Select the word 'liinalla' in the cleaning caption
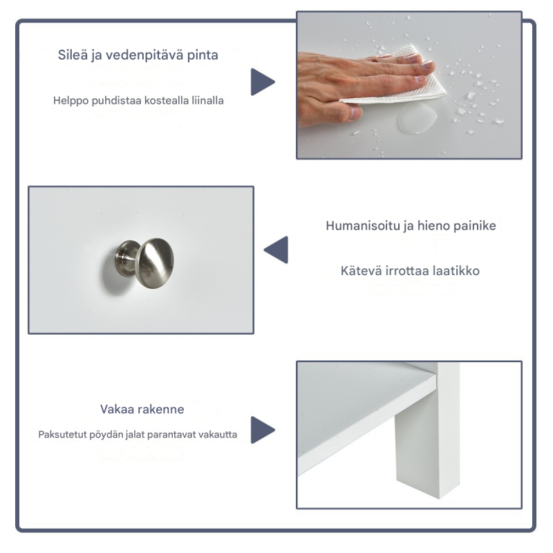tap(207, 100)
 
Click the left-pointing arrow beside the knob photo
tap(277, 250)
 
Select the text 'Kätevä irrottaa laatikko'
tap(410, 271)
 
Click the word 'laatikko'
tap(453, 271)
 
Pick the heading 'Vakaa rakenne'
tap(142, 409)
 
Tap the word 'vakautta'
tap(217, 435)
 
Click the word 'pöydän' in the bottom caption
tap(104, 435)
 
